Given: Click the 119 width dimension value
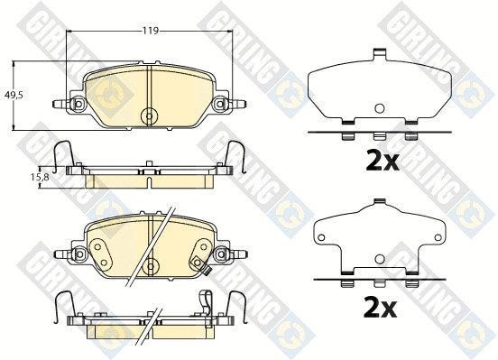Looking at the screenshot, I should pos(151,31).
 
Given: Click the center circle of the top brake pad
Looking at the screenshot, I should pos(150,115).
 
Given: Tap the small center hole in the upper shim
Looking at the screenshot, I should pos(379,109).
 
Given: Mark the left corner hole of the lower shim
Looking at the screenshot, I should pos(319,239).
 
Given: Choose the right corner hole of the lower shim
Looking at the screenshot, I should pos(438,239).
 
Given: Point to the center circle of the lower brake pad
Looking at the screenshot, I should pos(150,265).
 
